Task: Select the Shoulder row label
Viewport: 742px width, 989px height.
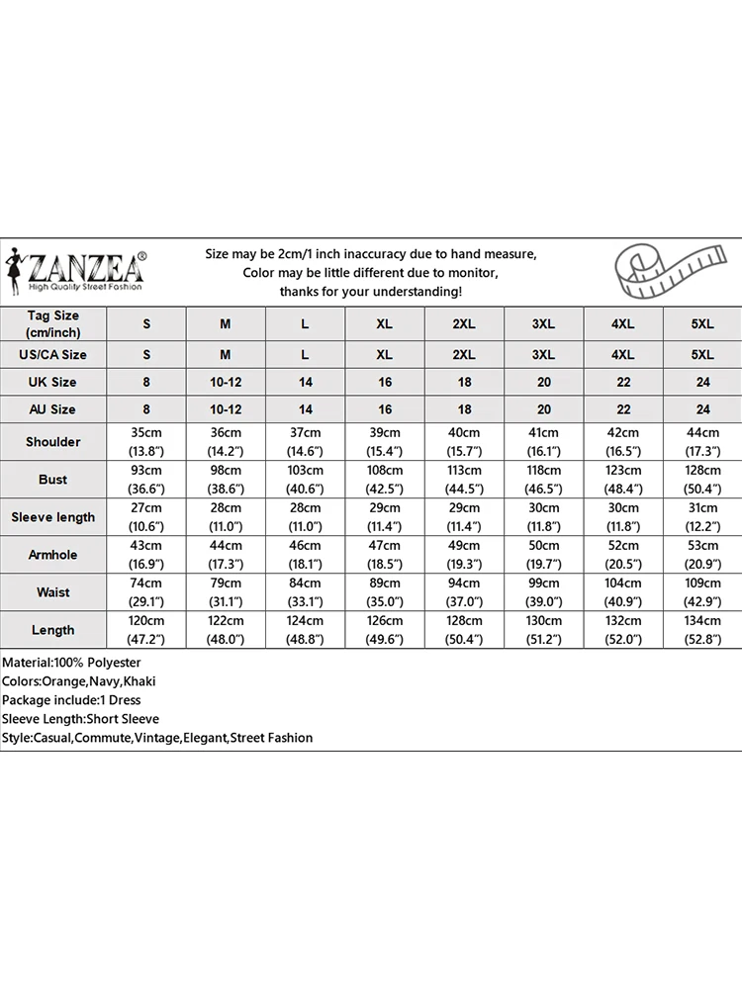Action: [53, 442]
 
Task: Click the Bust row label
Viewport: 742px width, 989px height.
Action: [53, 480]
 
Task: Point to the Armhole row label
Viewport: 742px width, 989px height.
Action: [53, 555]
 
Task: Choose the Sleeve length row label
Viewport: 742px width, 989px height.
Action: [53, 517]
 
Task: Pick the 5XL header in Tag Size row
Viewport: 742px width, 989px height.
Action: [702, 323]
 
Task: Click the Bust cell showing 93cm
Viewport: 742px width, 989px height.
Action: [147, 480]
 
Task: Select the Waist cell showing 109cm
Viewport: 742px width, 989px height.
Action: [702, 592]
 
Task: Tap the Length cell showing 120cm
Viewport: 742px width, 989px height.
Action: [147, 630]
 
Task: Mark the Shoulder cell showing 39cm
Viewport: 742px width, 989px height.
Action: [385, 442]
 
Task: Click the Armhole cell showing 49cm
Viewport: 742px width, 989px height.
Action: [464, 555]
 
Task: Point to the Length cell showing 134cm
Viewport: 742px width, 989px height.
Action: [702, 630]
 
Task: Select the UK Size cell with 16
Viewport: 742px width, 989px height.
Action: [385, 382]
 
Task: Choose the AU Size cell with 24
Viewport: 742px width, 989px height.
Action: [702, 409]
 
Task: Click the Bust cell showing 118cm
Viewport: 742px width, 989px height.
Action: [543, 480]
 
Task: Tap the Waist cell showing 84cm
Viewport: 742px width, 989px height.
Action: [305, 592]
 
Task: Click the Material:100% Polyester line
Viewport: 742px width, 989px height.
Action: [71, 663]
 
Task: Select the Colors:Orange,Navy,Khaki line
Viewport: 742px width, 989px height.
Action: [79, 681]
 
